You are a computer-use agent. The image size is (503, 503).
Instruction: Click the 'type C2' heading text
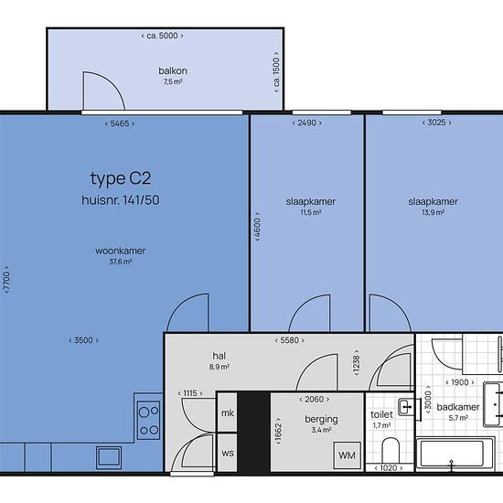click(121, 178)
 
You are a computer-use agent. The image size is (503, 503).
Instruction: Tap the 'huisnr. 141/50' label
click(121, 200)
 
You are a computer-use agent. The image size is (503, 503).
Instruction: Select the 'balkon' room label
click(173, 70)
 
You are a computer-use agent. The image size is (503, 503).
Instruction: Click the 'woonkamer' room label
click(121, 251)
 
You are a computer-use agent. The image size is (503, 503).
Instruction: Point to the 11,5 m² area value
click(311, 212)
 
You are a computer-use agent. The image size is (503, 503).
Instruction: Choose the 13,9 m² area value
click(433, 212)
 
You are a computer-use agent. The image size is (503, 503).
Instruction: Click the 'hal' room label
click(219, 356)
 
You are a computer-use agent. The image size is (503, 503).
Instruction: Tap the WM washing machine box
click(347, 455)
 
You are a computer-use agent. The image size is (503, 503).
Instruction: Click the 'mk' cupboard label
click(228, 413)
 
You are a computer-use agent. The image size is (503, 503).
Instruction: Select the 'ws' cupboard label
click(228, 454)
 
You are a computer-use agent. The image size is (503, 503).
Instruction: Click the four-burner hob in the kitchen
click(148, 420)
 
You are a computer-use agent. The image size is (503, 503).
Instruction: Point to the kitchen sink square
click(109, 457)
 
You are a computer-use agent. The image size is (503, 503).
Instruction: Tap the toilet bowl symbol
click(391, 450)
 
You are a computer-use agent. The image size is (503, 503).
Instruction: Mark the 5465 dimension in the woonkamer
click(120, 123)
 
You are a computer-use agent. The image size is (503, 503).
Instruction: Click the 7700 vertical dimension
click(6, 280)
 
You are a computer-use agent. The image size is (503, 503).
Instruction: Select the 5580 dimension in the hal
click(289, 340)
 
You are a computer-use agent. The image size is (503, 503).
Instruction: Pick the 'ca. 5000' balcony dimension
click(162, 36)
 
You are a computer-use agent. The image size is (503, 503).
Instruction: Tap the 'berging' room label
click(321, 419)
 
